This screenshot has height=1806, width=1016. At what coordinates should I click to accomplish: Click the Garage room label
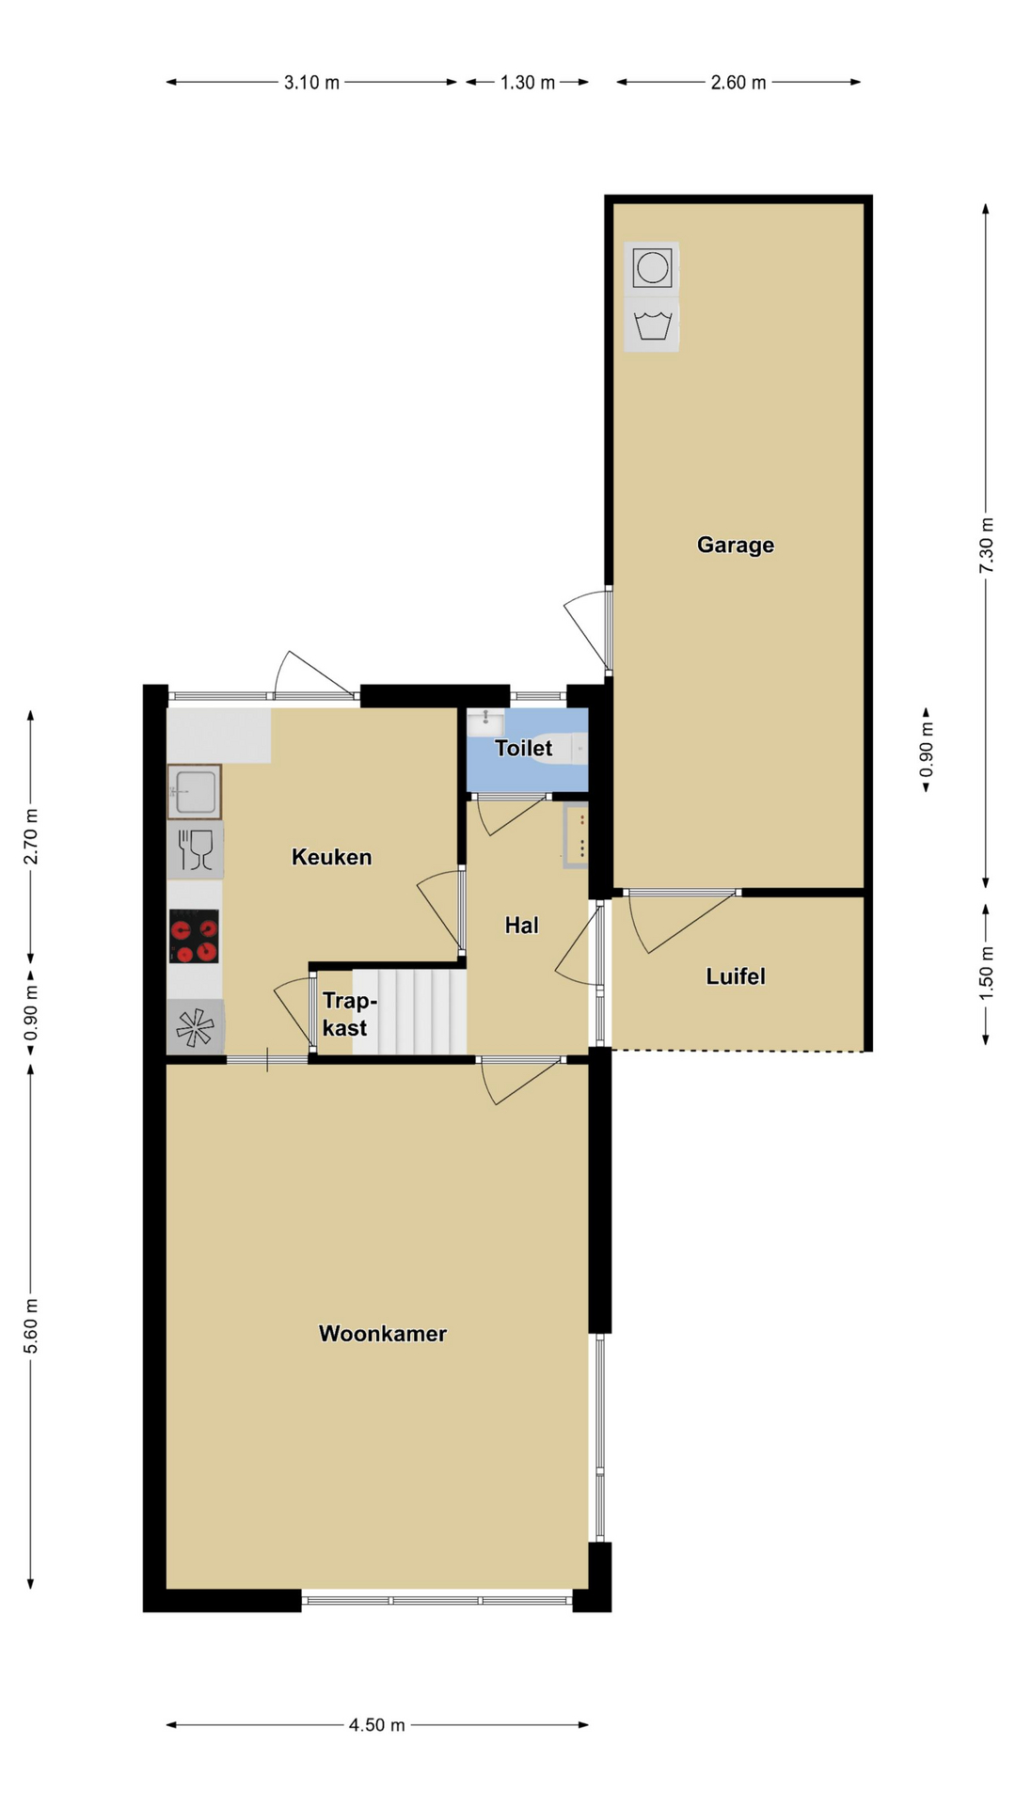[x=736, y=545]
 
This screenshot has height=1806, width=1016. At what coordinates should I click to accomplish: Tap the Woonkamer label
[x=383, y=1333]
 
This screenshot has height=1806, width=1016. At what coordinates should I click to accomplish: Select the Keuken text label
[x=332, y=857]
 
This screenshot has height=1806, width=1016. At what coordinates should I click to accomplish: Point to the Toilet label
[x=524, y=748]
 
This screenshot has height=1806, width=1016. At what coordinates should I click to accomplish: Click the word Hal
[x=522, y=925]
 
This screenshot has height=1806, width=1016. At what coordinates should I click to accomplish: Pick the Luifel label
[x=736, y=976]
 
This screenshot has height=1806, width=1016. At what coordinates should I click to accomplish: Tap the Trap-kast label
[x=348, y=1014]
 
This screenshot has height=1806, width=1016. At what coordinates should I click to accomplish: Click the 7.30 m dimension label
[x=986, y=546]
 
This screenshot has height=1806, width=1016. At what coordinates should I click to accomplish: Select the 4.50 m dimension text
[x=377, y=1725]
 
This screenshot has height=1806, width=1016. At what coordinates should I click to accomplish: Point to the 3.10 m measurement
[x=311, y=83]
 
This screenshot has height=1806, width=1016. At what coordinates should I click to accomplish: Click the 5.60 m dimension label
[x=31, y=1325]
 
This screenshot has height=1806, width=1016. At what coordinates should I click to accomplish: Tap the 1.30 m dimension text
[x=527, y=83]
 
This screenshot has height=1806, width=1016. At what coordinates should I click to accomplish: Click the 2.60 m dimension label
[x=738, y=83]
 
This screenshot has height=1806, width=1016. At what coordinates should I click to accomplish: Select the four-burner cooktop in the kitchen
[x=195, y=936]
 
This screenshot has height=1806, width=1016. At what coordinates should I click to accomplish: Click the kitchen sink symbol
[x=195, y=792]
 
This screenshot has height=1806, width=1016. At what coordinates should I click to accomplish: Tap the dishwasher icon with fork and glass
[x=196, y=849]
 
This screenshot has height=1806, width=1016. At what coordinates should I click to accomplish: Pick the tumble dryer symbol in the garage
[x=652, y=268]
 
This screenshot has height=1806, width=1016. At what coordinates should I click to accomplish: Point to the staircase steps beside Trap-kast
[x=410, y=1011]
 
